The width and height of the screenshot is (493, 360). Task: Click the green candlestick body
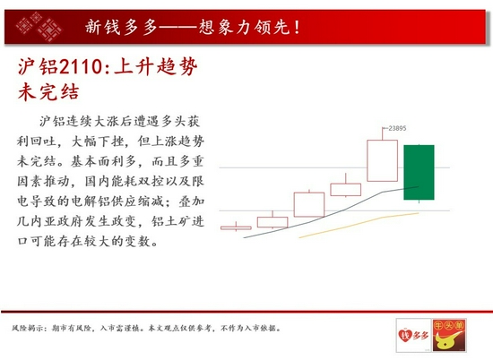(x=419, y=172)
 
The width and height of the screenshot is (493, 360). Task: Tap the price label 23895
(x=397, y=128)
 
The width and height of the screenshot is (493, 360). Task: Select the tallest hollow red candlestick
(x=383, y=160)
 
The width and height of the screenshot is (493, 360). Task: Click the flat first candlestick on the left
(x=236, y=227)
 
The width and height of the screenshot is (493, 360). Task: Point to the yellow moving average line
(x=359, y=225)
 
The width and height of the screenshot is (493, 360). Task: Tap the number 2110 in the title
(x=80, y=67)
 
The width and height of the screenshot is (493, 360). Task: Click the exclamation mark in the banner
(x=297, y=28)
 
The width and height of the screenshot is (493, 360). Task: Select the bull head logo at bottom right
(x=449, y=335)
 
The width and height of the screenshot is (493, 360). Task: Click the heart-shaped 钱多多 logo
(x=413, y=335)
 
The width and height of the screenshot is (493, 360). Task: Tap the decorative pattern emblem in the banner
(x=39, y=27)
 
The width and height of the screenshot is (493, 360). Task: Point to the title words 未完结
(x=48, y=91)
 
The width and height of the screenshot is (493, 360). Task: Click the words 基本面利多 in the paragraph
(x=103, y=161)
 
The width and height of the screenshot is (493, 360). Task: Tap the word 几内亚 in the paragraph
(x=37, y=221)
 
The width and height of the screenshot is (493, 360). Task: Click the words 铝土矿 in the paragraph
(x=171, y=221)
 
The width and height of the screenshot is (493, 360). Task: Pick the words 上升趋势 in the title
(x=156, y=67)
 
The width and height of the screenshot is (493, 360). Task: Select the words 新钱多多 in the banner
(x=121, y=27)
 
